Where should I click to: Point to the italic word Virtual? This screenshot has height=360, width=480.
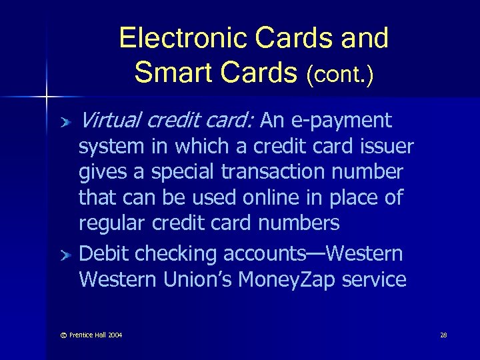click(110, 121)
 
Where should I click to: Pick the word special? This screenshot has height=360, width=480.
click(181, 172)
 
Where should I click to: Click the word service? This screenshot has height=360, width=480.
click(374, 279)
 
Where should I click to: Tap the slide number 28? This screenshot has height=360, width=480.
click(443, 335)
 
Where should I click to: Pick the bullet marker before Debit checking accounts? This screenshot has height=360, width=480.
click(66, 255)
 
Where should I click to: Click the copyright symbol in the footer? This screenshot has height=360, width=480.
click(64, 335)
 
